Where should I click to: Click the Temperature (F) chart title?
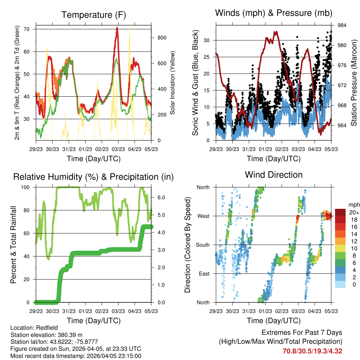93,15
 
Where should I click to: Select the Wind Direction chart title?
274,175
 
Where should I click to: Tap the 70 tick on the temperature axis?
27,29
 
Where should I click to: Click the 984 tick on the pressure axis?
342,25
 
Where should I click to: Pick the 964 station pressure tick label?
342,126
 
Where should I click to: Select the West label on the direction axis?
203,216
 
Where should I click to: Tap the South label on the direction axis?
202,245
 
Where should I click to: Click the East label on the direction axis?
203,274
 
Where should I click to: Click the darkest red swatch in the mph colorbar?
340,212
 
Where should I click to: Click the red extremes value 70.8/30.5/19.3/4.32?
312,351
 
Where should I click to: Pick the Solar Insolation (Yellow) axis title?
173,83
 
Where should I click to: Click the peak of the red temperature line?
117,28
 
